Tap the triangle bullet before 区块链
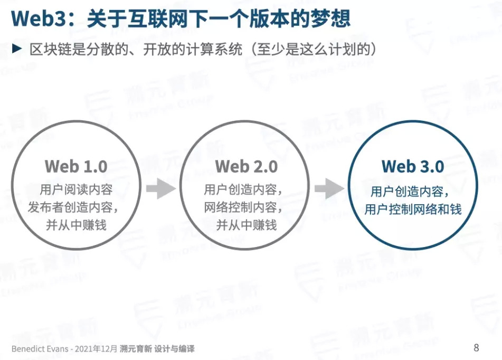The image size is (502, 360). click(x=17, y=49)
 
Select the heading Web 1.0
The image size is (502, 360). click(x=76, y=166)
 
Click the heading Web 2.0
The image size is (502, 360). click(x=246, y=166)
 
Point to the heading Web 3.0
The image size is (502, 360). click(x=413, y=166)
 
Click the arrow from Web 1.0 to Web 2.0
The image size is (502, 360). click(x=160, y=188)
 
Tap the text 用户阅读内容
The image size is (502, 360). click(x=76, y=190)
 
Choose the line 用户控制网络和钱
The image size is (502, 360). click(x=413, y=209)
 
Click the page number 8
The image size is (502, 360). click(x=476, y=347)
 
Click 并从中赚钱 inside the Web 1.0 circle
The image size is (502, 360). click(x=76, y=225)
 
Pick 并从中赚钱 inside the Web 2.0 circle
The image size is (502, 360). click(x=246, y=225)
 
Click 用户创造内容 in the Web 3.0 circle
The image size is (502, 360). click(x=409, y=191)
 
